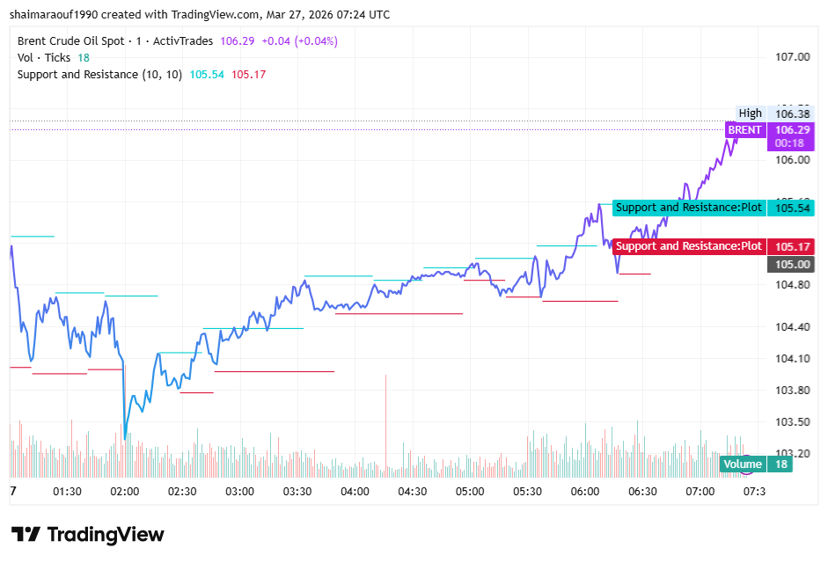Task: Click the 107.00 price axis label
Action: click(x=792, y=57)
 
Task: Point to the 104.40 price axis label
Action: click(x=792, y=327)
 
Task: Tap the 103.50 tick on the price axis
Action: click(x=792, y=422)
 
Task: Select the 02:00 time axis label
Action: click(x=124, y=492)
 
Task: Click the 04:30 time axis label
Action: click(x=412, y=492)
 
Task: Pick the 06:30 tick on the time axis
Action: click(x=642, y=492)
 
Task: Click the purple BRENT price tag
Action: click(x=744, y=130)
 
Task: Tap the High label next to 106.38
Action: click(x=750, y=113)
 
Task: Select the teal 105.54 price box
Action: click(x=792, y=208)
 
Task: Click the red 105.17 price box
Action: click(x=792, y=246)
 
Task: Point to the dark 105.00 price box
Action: click(x=792, y=264)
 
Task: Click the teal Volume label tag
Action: click(x=743, y=464)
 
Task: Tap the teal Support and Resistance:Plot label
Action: click(x=688, y=208)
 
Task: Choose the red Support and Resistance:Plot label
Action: click(x=688, y=246)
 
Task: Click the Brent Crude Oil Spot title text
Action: click(x=69, y=41)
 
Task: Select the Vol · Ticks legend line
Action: click(x=44, y=58)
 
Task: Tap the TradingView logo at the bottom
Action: click(x=87, y=534)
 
